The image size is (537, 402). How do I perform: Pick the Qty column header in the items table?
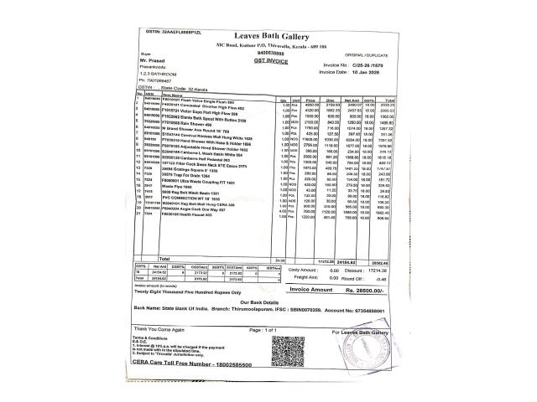(284, 98)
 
